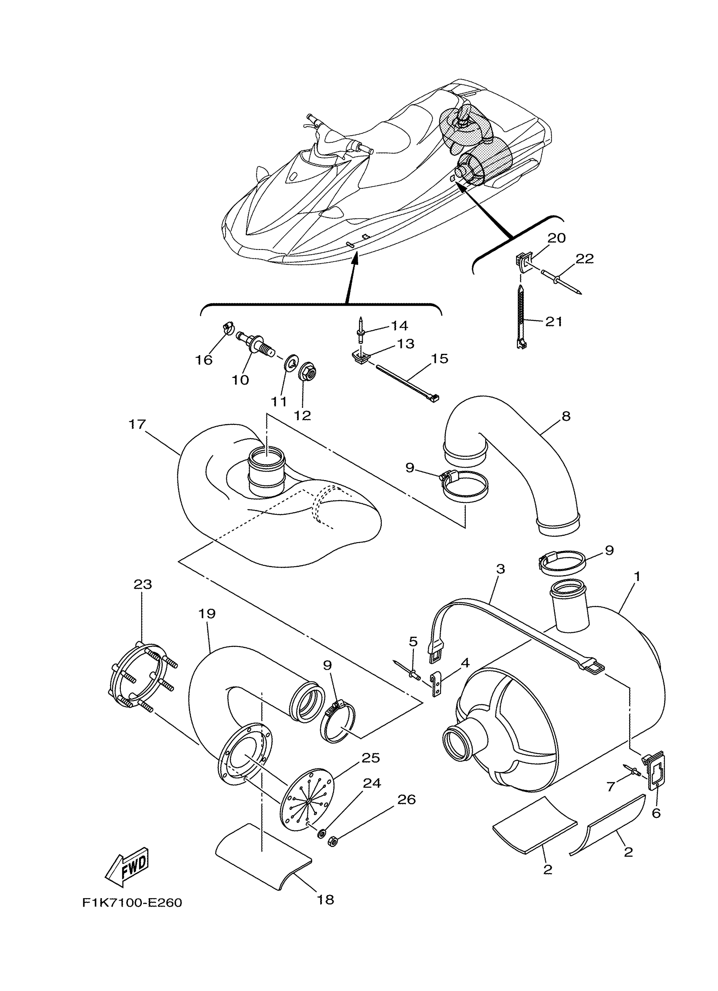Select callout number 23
[143, 584]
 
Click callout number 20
[556, 238]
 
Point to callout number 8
[566, 416]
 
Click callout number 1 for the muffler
[637, 577]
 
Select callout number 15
[440, 358]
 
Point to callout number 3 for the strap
[500, 568]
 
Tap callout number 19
[207, 614]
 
